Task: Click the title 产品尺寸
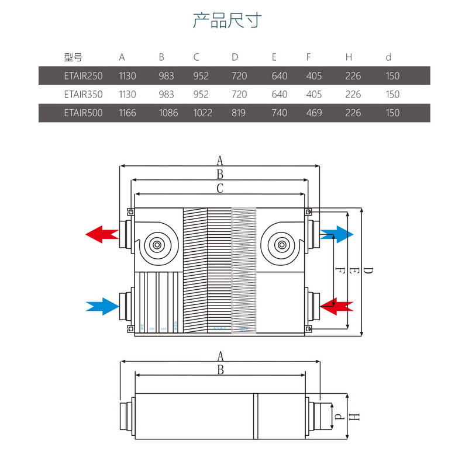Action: coord(227,21)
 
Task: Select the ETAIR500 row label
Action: coord(82,113)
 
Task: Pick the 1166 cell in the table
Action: coord(127,113)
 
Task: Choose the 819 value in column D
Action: coord(239,113)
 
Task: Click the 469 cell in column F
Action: coord(314,113)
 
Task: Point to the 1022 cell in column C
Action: coord(202,113)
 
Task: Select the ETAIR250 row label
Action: coord(82,76)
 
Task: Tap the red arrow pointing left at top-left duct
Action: coord(102,235)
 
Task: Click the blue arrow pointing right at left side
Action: coord(102,306)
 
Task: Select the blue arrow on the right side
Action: coord(337,235)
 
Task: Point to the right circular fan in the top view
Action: coord(282,245)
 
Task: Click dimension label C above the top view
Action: coord(220,188)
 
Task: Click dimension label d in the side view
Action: coord(338,417)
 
